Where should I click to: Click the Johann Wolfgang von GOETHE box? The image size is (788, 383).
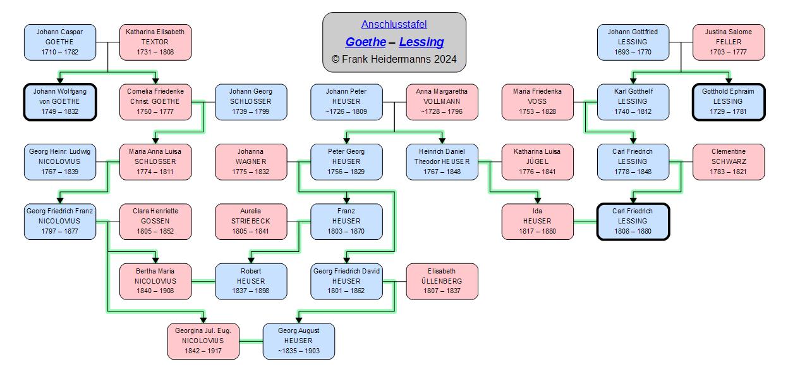[x=60, y=102]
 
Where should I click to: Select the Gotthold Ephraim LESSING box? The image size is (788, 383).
[x=729, y=102]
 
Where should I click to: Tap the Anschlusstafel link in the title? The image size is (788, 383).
[x=394, y=24]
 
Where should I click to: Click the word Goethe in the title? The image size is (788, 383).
[x=366, y=42]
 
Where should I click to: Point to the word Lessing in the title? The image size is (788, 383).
[x=421, y=42]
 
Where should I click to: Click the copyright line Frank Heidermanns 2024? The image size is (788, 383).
[x=394, y=59]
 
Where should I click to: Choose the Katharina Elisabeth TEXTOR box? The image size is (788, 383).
[x=155, y=42]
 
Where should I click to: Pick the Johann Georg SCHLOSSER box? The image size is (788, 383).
[x=251, y=102]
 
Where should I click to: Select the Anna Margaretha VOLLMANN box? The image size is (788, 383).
[x=442, y=102]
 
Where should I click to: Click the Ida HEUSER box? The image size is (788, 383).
[x=538, y=222]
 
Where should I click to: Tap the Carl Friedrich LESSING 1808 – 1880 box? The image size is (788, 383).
[x=633, y=222]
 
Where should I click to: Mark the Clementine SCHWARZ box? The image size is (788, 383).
[x=729, y=161]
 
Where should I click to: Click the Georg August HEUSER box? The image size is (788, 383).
[x=299, y=341]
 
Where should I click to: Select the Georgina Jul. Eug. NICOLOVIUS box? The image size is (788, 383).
[x=203, y=341]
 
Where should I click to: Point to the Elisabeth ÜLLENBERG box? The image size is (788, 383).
[x=442, y=281]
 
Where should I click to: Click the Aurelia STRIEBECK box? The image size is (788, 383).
[x=251, y=222]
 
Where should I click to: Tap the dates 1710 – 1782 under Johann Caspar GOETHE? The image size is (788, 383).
[x=60, y=52]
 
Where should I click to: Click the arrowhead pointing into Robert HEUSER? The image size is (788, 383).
[x=251, y=260]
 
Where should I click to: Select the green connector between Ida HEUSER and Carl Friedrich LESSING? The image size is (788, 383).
[x=585, y=222]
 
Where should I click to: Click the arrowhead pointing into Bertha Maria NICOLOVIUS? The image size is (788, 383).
[x=155, y=260]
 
